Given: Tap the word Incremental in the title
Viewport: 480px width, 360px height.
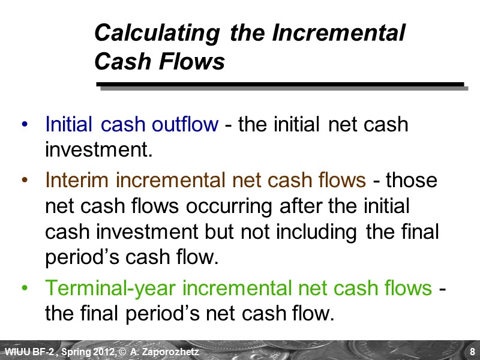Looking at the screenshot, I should pyautogui.click(x=338, y=34).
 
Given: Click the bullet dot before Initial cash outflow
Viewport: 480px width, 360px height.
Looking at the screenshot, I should pyautogui.click(x=24, y=125).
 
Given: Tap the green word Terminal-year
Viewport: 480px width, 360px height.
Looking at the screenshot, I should pyautogui.click(x=111, y=289).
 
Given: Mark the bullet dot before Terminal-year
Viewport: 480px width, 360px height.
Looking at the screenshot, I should pyautogui.click(x=24, y=289).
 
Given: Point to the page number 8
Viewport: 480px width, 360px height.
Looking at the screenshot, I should pyautogui.click(x=472, y=352).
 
